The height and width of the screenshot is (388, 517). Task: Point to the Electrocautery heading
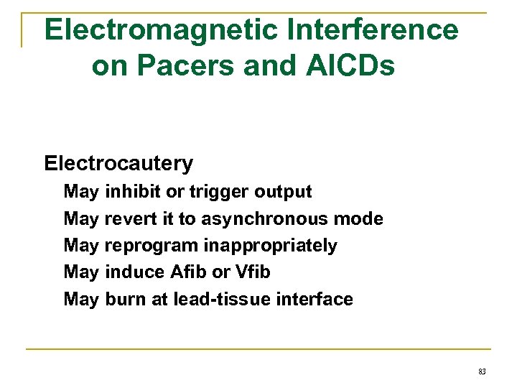pyautogui.click(x=118, y=164)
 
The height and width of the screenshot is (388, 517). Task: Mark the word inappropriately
pyautogui.click(x=270, y=246)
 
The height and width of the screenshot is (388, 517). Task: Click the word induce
pyautogui.click(x=135, y=272)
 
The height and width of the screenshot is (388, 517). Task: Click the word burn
pyautogui.click(x=125, y=299)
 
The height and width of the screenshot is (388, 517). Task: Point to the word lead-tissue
pyautogui.click(x=218, y=299)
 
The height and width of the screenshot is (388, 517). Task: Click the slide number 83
pyautogui.click(x=482, y=371)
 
